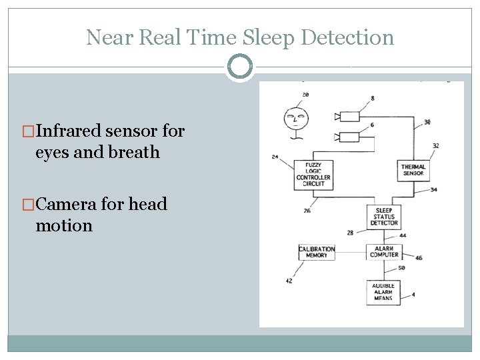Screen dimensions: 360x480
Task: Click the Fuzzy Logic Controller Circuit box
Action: [313, 174]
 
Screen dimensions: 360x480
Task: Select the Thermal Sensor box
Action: [413, 170]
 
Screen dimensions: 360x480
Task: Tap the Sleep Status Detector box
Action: [383, 217]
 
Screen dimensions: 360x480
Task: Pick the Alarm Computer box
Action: [383, 251]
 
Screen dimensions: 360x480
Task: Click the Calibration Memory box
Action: [317, 252]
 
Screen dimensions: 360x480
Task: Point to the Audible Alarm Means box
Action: [383, 292]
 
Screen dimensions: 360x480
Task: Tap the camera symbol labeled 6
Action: [349, 137]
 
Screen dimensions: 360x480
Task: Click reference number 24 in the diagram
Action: [275, 157]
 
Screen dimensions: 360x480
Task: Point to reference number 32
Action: [435, 145]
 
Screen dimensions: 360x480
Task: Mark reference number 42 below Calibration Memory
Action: [289, 281]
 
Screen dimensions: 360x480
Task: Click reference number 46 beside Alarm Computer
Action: [418, 257]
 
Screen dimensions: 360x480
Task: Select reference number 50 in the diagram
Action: [402, 268]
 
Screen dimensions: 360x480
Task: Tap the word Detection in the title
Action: [347, 37]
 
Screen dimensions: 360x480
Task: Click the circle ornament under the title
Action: [239, 67]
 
